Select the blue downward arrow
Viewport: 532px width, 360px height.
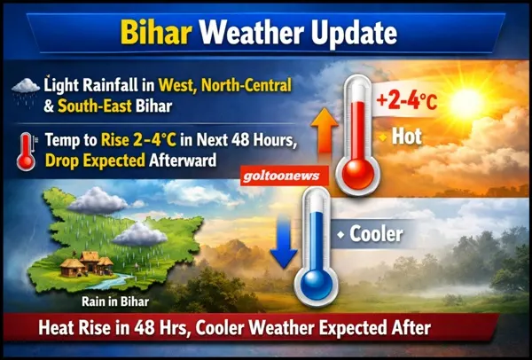coord(284,243)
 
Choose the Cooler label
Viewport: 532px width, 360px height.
coord(371,235)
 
